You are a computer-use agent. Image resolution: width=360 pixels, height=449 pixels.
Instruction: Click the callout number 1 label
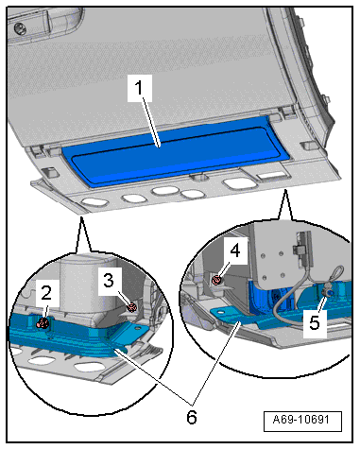click(x=140, y=88)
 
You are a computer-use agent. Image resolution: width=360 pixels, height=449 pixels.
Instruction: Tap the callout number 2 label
click(x=46, y=293)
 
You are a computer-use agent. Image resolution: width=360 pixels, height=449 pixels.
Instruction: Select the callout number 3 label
click(x=109, y=280)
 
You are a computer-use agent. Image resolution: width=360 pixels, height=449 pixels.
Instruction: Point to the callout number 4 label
click(x=235, y=251)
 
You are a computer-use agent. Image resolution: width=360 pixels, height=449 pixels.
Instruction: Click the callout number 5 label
click(x=315, y=322)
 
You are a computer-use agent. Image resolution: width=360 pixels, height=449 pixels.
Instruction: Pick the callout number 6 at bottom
click(x=192, y=417)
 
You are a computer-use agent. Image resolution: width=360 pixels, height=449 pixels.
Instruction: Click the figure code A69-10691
click(x=301, y=420)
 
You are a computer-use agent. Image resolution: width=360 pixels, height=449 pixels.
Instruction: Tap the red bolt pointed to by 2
click(x=43, y=323)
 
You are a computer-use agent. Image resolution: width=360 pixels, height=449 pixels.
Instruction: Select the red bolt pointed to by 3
click(x=131, y=306)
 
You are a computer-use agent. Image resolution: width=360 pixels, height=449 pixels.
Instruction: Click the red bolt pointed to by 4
click(x=216, y=279)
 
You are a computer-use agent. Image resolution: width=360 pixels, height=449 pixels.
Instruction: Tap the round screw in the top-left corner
click(x=19, y=28)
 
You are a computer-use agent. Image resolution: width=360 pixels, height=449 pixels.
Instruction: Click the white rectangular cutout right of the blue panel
click(x=271, y=176)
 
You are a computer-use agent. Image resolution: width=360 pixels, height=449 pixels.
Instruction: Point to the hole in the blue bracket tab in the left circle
click(x=137, y=328)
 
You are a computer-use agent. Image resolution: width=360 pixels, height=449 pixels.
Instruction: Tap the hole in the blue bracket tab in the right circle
click(x=221, y=312)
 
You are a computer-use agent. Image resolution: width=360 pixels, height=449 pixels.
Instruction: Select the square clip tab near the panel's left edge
click(x=50, y=172)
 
